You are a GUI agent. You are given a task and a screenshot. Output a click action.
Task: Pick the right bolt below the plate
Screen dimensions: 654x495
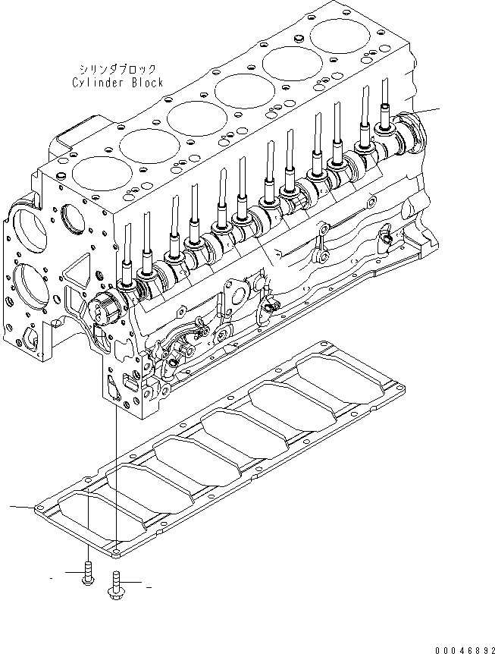(x=118, y=583)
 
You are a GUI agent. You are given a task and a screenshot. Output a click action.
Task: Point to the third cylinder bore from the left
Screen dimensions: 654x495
(x=194, y=118)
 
